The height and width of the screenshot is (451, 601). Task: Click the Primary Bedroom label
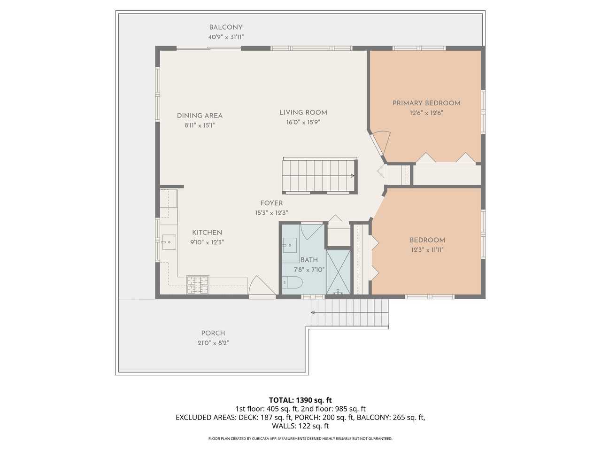tap(426, 103)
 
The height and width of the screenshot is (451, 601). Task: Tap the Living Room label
tap(303, 113)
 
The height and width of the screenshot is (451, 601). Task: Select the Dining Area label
tap(200, 116)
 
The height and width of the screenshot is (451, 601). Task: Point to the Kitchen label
tap(207, 233)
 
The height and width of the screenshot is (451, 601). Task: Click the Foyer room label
tap(271, 203)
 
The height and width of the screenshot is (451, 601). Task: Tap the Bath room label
tap(309, 260)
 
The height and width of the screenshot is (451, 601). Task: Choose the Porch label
tap(213, 334)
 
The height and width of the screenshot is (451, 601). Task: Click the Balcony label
tap(226, 27)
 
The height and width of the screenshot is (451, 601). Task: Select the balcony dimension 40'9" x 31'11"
tap(226, 37)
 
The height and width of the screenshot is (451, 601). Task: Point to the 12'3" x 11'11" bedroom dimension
tap(427, 250)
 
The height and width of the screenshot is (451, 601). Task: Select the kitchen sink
tap(169, 242)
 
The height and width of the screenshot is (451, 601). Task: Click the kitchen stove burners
tap(198, 284)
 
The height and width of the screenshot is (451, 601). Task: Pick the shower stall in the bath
tap(338, 272)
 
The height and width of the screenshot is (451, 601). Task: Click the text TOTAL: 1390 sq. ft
tap(300, 400)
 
